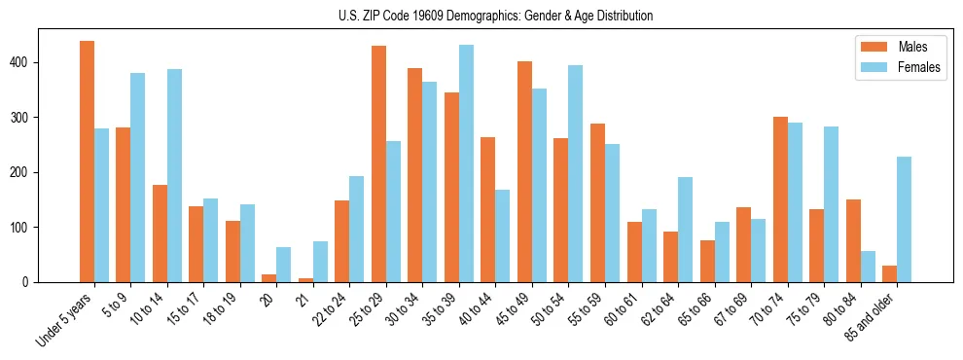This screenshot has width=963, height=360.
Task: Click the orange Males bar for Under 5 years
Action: [87, 162]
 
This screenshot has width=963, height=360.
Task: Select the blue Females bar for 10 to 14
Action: [174, 176]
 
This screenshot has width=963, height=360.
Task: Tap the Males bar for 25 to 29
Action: [378, 163]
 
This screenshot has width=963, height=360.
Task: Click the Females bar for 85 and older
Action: [904, 220]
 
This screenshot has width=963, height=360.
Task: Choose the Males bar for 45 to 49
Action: [524, 171]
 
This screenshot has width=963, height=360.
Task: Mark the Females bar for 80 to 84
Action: [868, 267]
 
